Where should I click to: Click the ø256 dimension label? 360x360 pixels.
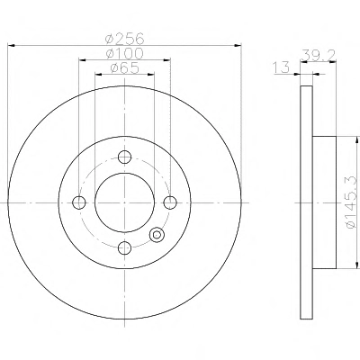point(125,39)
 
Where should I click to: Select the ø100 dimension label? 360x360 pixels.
point(125,53)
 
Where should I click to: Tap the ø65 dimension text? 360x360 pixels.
point(125,68)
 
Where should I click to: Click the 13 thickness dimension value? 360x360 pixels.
point(281,67)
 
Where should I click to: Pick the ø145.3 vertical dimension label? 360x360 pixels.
point(352,202)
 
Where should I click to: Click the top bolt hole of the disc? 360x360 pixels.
point(124,157)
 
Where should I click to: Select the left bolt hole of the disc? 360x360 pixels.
point(79,202)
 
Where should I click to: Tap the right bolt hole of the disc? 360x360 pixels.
point(170,202)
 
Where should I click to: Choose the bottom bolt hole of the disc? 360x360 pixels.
point(124,247)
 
